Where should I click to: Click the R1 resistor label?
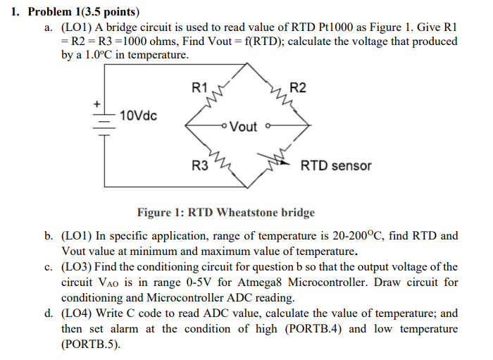(199, 88)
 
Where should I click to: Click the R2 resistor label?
(298, 88)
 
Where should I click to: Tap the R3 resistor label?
(200, 166)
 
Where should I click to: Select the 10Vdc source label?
(139, 115)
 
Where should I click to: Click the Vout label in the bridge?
(244, 127)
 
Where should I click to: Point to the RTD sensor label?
(336, 166)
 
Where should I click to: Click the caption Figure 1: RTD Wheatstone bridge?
(225, 212)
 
